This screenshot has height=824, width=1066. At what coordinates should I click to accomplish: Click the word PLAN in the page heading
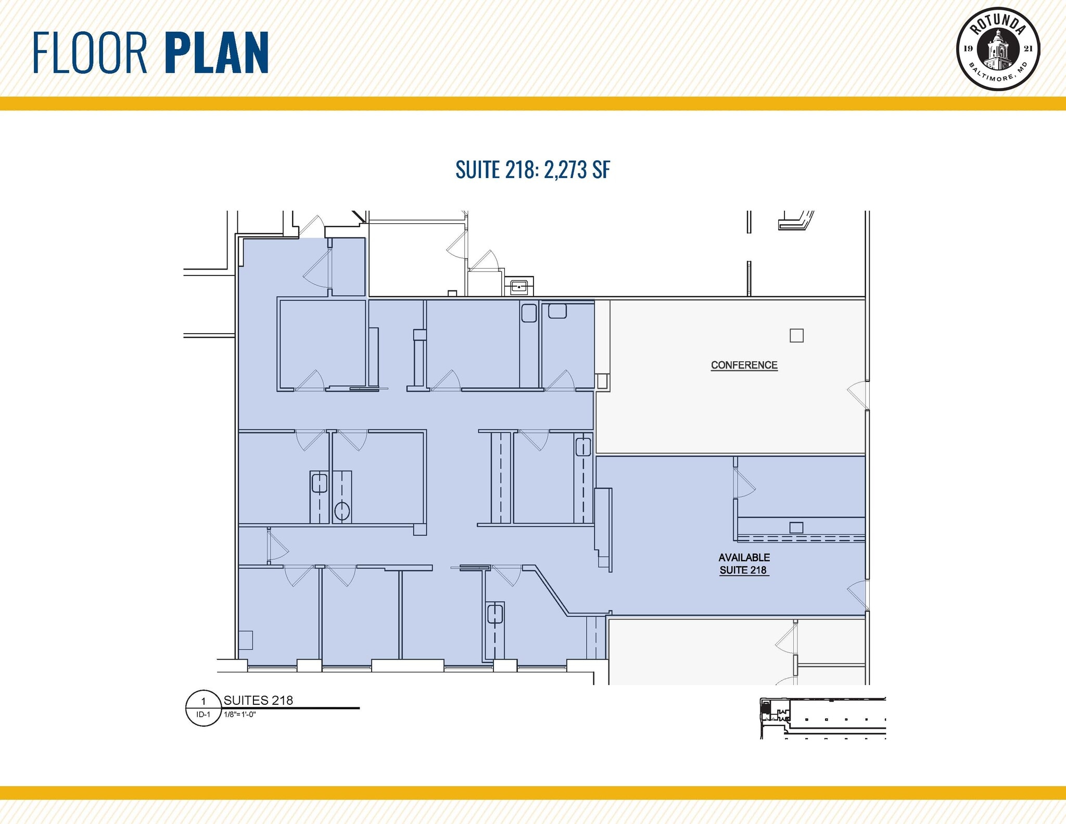coord(217,53)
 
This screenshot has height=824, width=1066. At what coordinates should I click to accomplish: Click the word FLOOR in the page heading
coord(90,53)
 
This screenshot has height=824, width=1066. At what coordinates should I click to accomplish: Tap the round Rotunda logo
coord(998,49)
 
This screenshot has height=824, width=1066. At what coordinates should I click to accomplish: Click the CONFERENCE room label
coord(744,365)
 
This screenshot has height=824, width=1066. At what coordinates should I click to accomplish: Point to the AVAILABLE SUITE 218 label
coord(744,564)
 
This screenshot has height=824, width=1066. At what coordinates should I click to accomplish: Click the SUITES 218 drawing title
coord(258,700)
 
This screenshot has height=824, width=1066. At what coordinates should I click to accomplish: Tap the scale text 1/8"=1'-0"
coord(240,714)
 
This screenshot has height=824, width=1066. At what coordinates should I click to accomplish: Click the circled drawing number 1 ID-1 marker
coord(203,707)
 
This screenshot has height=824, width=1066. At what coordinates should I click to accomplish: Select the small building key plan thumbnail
coord(822,718)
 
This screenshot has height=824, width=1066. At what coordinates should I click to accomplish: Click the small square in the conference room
coord(796,336)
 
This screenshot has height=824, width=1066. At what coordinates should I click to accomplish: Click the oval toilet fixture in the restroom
coord(341,511)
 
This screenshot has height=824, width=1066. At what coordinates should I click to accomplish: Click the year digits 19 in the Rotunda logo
coord(968,49)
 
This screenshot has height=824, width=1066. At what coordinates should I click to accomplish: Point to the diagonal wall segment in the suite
coord(553,591)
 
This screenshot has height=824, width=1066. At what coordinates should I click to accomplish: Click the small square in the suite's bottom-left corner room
coord(246,640)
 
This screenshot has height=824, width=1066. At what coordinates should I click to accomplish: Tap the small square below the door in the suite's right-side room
coord(796,527)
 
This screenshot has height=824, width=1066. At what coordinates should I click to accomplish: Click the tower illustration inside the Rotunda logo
coord(997,50)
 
